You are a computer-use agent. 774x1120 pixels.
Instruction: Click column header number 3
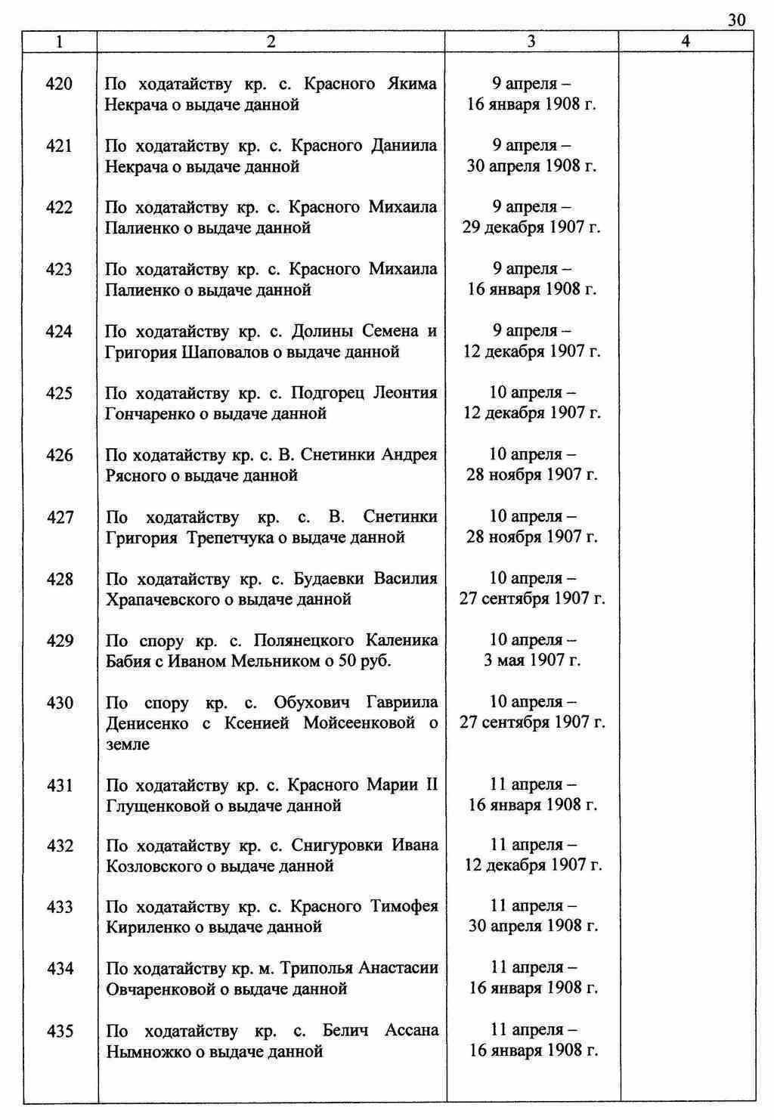(x=531, y=42)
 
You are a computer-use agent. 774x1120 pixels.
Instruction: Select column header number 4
(x=686, y=42)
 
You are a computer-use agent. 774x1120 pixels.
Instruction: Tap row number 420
(x=60, y=84)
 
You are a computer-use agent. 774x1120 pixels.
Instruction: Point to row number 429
(x=60, y=642)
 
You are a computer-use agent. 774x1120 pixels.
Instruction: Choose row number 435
(x=60, y=1031)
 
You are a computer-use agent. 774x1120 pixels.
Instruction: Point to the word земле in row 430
(x=128, y=744)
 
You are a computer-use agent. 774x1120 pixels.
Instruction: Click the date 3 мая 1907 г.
(x=532, y=661)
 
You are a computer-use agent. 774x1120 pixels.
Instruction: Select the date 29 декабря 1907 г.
(x=531, y=227)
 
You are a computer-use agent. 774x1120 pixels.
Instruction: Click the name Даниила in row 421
(x=404, y=146)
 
